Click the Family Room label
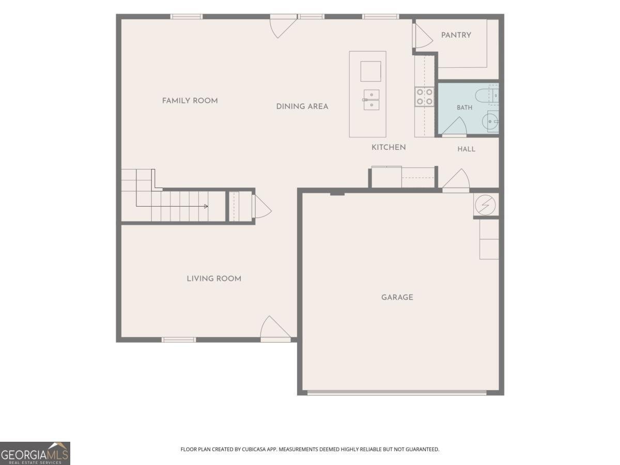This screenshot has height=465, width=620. (190, 101)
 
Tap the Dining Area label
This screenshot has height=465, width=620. (302, 107)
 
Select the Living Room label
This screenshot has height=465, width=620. (214, 278)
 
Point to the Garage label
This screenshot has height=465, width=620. (397, 297)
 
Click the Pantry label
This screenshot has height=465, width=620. (456, 35)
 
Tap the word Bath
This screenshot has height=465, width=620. (464, 107)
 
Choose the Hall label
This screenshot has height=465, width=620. (466, 149)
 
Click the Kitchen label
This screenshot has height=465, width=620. (389, 147)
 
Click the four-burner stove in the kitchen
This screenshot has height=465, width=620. (424, 97)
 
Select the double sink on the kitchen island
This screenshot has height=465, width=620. (371, 100)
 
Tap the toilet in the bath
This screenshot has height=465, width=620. (487, 96)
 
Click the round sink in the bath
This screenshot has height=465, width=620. (490, 122)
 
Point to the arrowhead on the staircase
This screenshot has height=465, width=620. (206, 206)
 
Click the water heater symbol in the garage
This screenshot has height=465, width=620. (485, 205)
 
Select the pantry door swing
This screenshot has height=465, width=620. (422, 36)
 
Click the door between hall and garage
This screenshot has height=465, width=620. (456, 180)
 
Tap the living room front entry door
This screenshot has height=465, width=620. (275, 329)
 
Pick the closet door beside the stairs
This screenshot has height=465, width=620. (262, 207)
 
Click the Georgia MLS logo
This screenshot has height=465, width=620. (35, 454)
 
